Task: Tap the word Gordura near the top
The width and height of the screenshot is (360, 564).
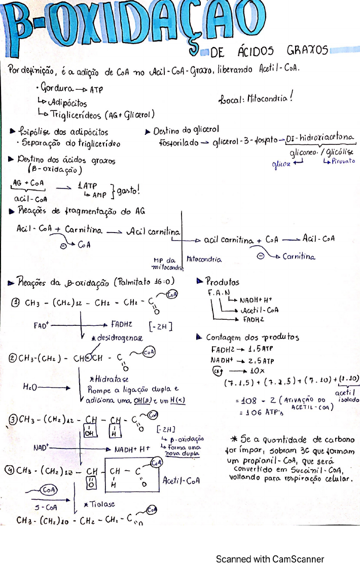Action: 52,89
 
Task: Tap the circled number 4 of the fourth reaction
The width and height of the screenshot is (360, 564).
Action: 10,469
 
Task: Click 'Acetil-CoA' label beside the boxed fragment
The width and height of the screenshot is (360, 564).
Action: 181,480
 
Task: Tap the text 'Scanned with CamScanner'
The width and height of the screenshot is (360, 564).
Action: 270,559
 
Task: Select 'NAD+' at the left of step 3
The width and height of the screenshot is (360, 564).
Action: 41,448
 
